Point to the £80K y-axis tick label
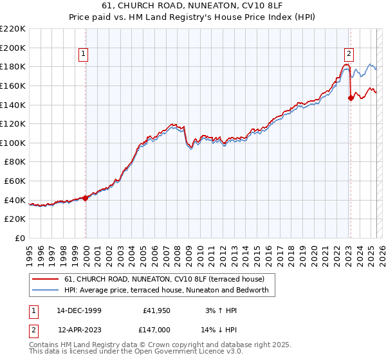tap(15, 162)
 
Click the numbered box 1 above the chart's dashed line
tap(85, 55)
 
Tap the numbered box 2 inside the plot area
tap(349, 55)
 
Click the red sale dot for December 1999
tap(86, 198)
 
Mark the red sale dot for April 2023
tap(351, 98)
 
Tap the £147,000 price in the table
tap(156, 329)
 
